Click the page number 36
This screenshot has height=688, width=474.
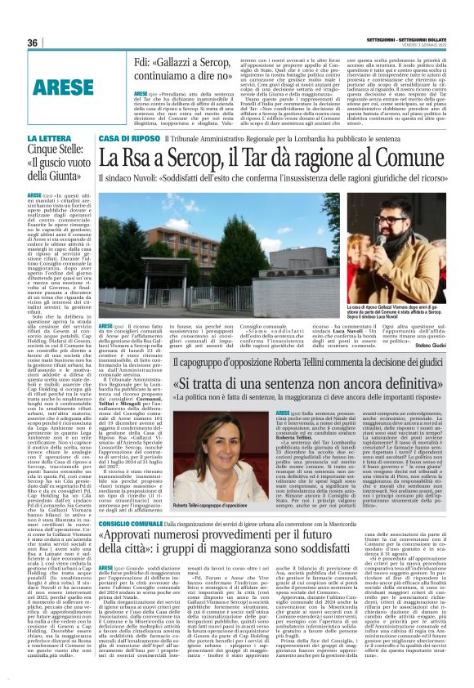point(33,42)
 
